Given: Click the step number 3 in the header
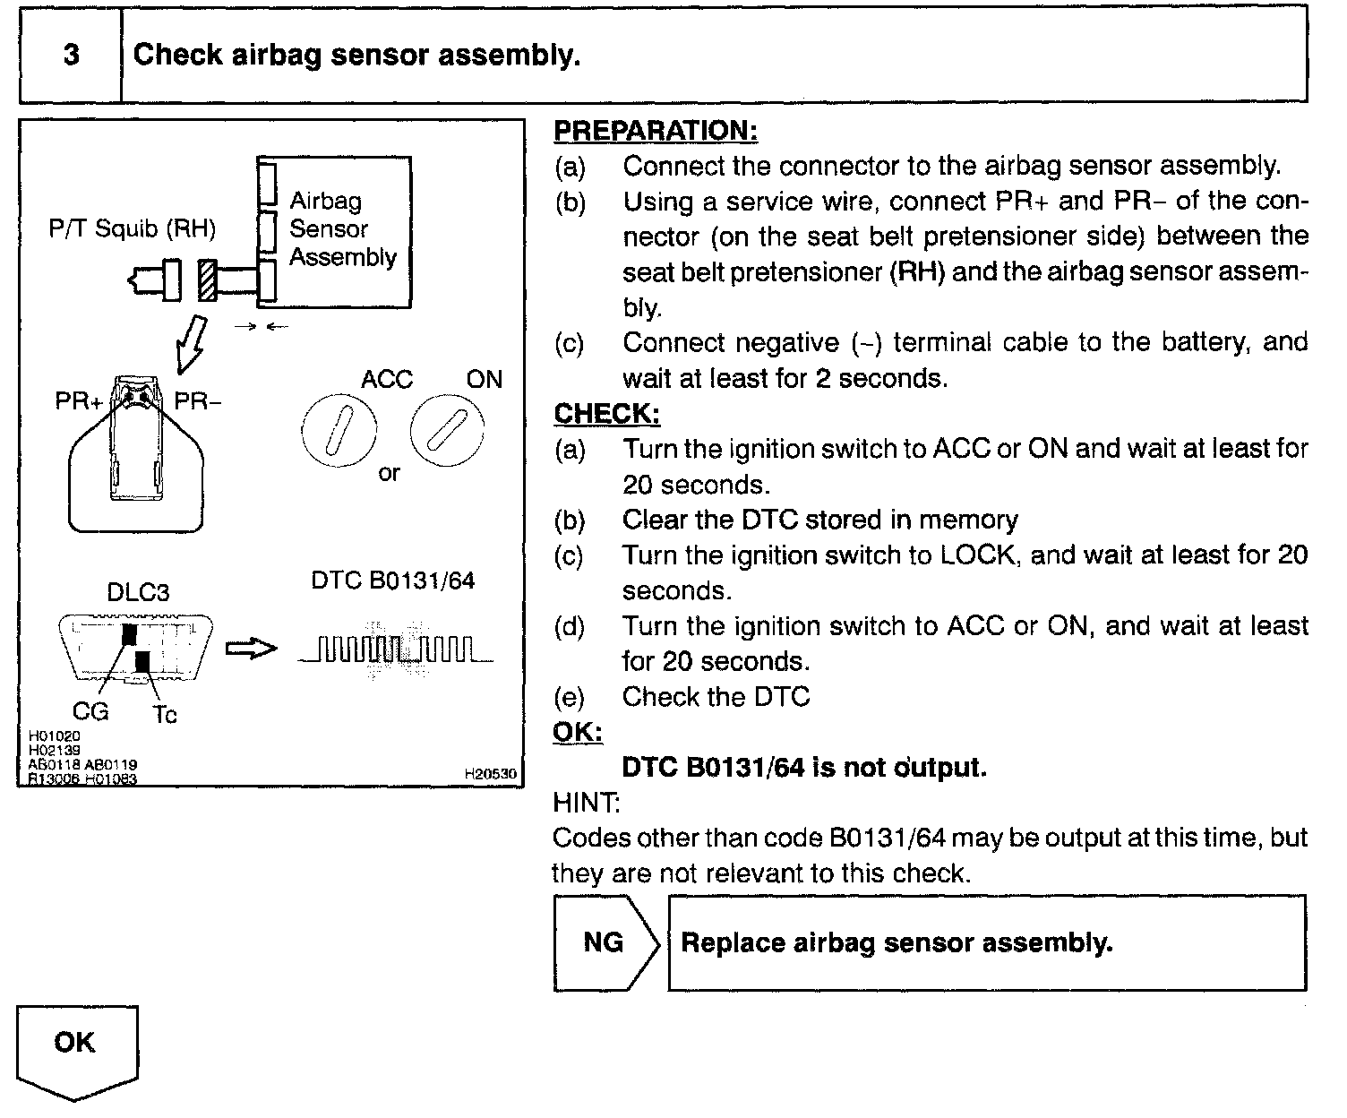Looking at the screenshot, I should point(71,56).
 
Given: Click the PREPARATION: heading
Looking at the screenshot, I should point(656,131).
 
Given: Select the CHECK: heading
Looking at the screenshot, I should point(606,414).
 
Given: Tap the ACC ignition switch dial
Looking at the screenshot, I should point(337,433).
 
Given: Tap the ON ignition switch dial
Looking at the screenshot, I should point(447,432).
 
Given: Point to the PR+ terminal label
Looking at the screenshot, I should point(79,401).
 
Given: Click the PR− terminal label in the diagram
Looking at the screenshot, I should point(197,401).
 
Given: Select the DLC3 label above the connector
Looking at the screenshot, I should point(138,593).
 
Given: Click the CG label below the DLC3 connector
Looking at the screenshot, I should point(90,712).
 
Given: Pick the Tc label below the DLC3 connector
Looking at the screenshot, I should point(165,715).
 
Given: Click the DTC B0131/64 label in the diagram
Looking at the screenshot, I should point(392,580).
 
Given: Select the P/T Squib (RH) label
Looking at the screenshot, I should point(133,229).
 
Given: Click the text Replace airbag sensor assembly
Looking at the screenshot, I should point(897,942).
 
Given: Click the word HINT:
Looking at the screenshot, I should point(587,803).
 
